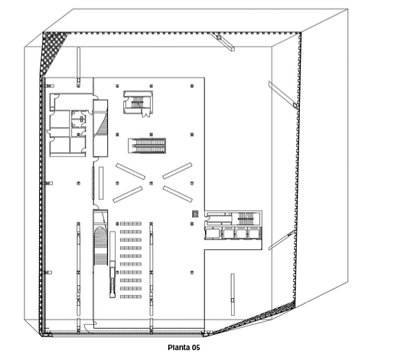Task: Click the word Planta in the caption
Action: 179,348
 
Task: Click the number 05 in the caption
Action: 196,348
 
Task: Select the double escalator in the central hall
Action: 147,146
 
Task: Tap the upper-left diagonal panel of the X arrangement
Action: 130,171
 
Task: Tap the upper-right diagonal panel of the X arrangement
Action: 177,170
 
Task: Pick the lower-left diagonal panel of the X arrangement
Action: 128,194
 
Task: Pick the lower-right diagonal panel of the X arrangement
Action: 177,193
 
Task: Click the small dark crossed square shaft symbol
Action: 195,214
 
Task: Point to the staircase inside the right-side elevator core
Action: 246,219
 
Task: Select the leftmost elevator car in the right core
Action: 213,233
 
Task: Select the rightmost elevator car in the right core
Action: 254,233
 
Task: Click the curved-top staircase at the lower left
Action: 100,245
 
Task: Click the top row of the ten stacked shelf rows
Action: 131,224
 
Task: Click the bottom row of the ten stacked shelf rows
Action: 131,297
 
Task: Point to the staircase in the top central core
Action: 137,102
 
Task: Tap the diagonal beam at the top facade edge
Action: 222,41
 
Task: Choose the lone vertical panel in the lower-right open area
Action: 233,294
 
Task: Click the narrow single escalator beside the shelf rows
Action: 112,264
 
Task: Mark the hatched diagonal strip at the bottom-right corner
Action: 254,318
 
